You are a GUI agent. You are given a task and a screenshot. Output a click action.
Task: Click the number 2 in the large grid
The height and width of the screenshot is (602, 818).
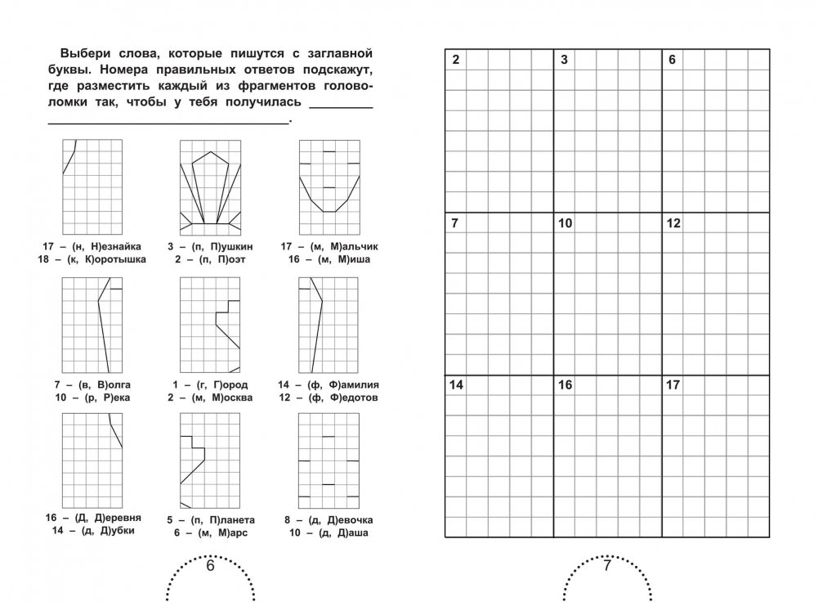(x=456, y=61)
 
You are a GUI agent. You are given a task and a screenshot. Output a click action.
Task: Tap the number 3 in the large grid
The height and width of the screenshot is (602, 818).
(x=565, y=61)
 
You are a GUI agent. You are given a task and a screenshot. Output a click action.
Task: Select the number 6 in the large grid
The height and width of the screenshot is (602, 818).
(x=673, y=61)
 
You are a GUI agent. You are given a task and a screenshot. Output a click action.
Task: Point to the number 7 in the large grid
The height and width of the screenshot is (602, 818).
(x=456, y=223)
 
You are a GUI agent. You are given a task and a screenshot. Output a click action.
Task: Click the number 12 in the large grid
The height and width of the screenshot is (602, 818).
(x=674, y=223)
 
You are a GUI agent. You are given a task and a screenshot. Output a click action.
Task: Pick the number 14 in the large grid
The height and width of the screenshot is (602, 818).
(x=457, y=385)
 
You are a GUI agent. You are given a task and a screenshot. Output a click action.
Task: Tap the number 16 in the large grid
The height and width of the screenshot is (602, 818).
(x=565, y=385)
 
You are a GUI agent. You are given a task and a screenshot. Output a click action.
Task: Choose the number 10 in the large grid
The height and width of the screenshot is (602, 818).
(x=565, y=223)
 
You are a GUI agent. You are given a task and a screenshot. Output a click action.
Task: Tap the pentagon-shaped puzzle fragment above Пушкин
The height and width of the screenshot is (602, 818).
(x=210, y=187)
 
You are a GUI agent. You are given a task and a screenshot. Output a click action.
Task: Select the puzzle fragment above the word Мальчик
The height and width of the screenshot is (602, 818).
(x=329, y=187)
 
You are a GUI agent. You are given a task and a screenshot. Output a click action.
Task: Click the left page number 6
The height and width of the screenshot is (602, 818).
(x=209, y=566)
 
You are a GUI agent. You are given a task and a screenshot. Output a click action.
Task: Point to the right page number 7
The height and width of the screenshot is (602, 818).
(x=607, y=566)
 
